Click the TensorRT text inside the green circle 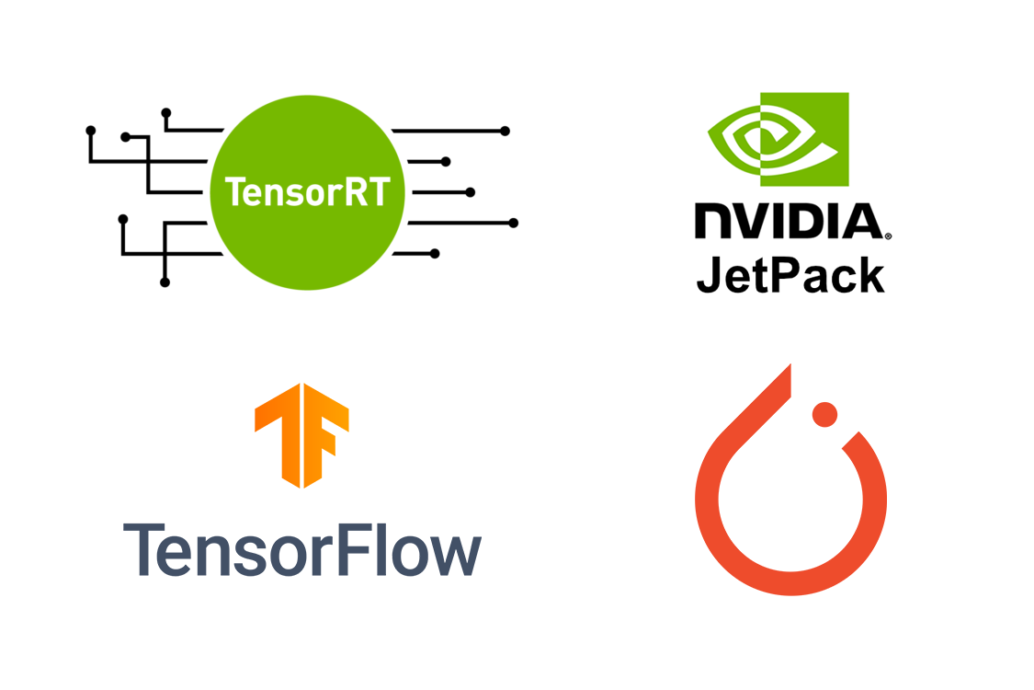tap(307, 192)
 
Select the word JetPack tap(790, 273)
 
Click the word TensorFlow tap(302, 549)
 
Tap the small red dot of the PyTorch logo tap(824, 414)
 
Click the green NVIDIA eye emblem tap(778, 140)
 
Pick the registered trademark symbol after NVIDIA tap(887, 236)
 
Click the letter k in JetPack tap(869, 273)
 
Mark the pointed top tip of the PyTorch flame tap(788, 368)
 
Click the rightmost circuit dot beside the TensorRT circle tap(513, 223)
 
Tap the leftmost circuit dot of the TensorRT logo tap(90, 131)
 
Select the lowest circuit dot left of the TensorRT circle tap(165, 282)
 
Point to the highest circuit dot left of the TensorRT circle tap(166, 112)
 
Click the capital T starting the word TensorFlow tap(143, 549)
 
